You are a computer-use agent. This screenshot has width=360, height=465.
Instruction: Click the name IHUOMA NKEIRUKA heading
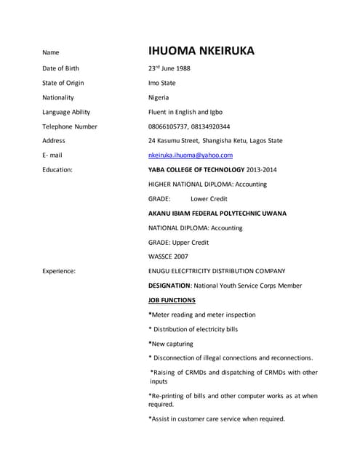201,51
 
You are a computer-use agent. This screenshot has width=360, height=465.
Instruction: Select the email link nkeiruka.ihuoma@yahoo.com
190,155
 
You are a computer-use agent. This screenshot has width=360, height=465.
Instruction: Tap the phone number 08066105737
169,126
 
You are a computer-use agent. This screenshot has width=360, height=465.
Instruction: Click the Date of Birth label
60,68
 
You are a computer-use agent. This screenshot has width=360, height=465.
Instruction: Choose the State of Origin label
63,83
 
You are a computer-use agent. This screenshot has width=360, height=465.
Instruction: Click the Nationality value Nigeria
159,97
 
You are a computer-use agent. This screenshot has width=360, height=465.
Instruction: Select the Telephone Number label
69,126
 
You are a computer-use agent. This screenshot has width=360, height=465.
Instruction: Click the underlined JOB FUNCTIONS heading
172,300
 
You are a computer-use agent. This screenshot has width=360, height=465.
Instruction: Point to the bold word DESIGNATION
169,286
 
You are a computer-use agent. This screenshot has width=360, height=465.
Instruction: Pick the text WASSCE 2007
168,256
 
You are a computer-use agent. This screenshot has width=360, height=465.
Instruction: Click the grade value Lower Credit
209,198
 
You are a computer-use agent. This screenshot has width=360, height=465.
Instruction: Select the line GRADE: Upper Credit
178,242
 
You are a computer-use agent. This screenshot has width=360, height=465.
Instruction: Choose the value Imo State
161,83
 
